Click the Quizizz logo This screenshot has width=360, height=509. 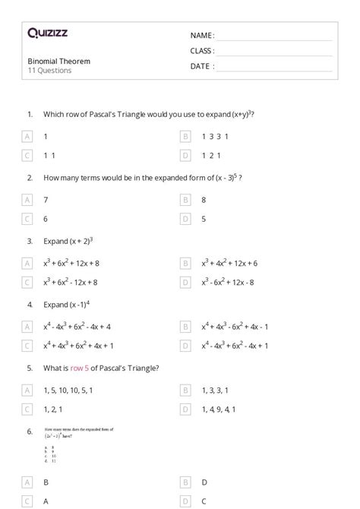pos(48,33)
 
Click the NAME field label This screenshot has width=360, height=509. pos(202,36)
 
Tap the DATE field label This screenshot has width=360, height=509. pos(202,66)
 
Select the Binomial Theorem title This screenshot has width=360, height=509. pos(58,61)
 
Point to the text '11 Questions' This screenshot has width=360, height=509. pos(49,71)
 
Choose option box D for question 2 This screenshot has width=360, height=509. pos(185,219)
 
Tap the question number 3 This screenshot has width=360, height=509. pos(30,241)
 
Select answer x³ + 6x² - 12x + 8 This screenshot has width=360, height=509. pos(71,282)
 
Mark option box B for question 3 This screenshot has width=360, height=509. pos(185,263)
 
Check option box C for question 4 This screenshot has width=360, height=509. pos(27,346)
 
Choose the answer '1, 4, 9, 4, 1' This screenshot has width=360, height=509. pos(219,409)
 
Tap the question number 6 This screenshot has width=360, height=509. pos(30,432)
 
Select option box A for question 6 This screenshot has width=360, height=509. pos(27,482)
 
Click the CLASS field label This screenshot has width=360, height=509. pos(202,51)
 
